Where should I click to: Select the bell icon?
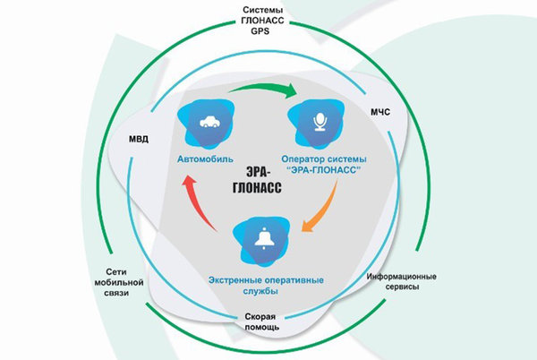point(264,238)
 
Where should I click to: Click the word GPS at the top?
point(260,30)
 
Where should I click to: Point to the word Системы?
point(260,9)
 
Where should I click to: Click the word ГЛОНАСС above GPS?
point(260,20)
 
